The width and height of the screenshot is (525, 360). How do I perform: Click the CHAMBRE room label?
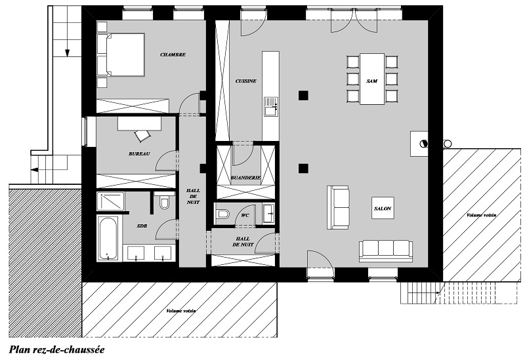point(173,54)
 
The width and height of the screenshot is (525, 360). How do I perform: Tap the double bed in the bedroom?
point(121,54)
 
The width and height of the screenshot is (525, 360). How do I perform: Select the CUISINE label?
point(245,81)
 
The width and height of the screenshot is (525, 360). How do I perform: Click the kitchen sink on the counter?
point(271,106)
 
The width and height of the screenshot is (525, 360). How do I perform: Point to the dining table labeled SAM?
point(372,79)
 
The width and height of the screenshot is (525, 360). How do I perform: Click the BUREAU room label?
point(139,154)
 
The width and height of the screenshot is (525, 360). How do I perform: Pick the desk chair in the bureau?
point(142,135)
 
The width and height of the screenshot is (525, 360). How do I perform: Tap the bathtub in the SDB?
point(108,238)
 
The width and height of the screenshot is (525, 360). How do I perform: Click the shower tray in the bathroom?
point(110,201)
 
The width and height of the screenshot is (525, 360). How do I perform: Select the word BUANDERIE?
point(245,178)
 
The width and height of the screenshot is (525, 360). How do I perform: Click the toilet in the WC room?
point(222,214)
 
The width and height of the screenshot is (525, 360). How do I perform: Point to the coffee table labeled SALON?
point(383,208)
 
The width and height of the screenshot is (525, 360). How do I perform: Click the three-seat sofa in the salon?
point(386,251)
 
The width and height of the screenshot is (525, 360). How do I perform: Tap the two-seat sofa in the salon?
point(338,207)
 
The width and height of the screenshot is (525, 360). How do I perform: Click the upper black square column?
point(303,96)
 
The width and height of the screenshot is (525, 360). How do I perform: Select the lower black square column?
point(303,169)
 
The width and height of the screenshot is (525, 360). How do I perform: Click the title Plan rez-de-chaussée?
point(56,350)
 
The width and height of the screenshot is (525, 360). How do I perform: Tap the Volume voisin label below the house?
point(181,311)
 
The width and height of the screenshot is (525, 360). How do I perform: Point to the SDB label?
point(142,226)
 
